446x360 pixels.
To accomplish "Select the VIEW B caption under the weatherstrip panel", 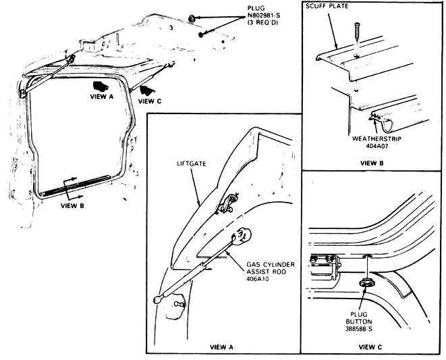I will point(372,163).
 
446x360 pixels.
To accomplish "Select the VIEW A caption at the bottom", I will point(221,347).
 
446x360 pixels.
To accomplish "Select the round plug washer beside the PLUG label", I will point(192,17).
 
